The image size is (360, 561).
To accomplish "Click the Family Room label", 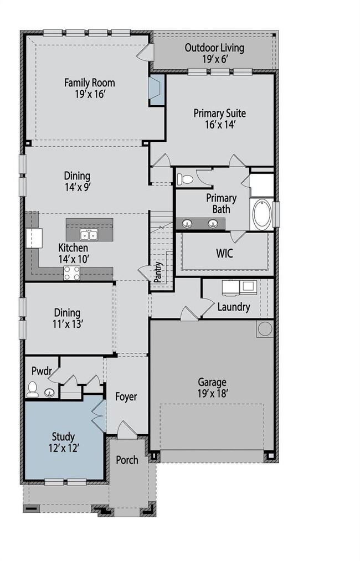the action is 90,83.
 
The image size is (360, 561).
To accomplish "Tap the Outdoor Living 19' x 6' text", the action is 214,53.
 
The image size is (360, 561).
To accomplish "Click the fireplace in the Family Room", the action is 156,90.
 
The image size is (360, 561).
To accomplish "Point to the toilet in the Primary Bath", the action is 185,178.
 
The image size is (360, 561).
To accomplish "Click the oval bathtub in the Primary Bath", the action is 263,214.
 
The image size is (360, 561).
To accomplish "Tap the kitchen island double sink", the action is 89,235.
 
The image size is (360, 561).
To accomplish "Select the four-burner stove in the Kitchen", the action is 72,274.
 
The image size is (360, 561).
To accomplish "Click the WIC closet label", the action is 225,253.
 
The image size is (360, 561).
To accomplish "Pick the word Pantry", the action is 158,272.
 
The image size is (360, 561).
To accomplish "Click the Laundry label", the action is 234,307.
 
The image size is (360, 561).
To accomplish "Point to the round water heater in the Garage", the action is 265,329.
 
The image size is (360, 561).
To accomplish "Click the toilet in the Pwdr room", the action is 32,389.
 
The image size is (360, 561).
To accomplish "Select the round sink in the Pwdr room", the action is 50,393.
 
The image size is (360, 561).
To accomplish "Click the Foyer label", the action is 126,397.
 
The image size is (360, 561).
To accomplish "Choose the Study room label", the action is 63,436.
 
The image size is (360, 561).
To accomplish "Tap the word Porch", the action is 127,460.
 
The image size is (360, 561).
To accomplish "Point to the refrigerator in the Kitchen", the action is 34,238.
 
